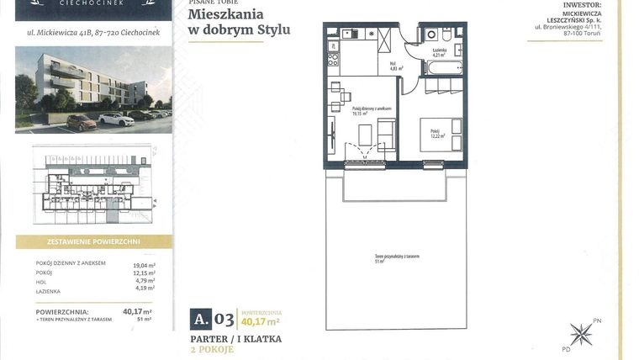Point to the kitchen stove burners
(332, 60)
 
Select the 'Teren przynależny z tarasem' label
(396, 256)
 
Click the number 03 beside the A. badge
(224, 318)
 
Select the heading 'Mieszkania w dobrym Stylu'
(239, 22)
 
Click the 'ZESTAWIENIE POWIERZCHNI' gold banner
(93, 241)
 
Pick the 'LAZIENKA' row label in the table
(49, 291)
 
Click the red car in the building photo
(81, 123)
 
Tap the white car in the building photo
(116, 119)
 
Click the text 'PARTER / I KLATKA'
(235, 339)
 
